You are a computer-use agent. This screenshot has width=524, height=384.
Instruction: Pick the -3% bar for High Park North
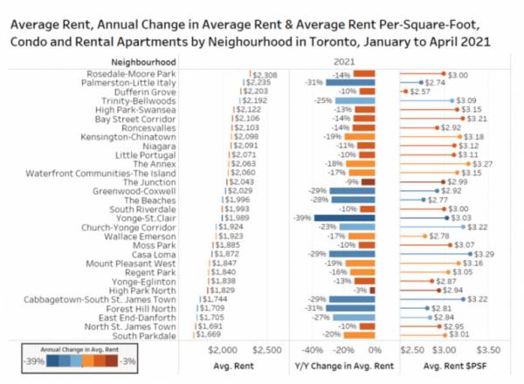pos(372,290)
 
